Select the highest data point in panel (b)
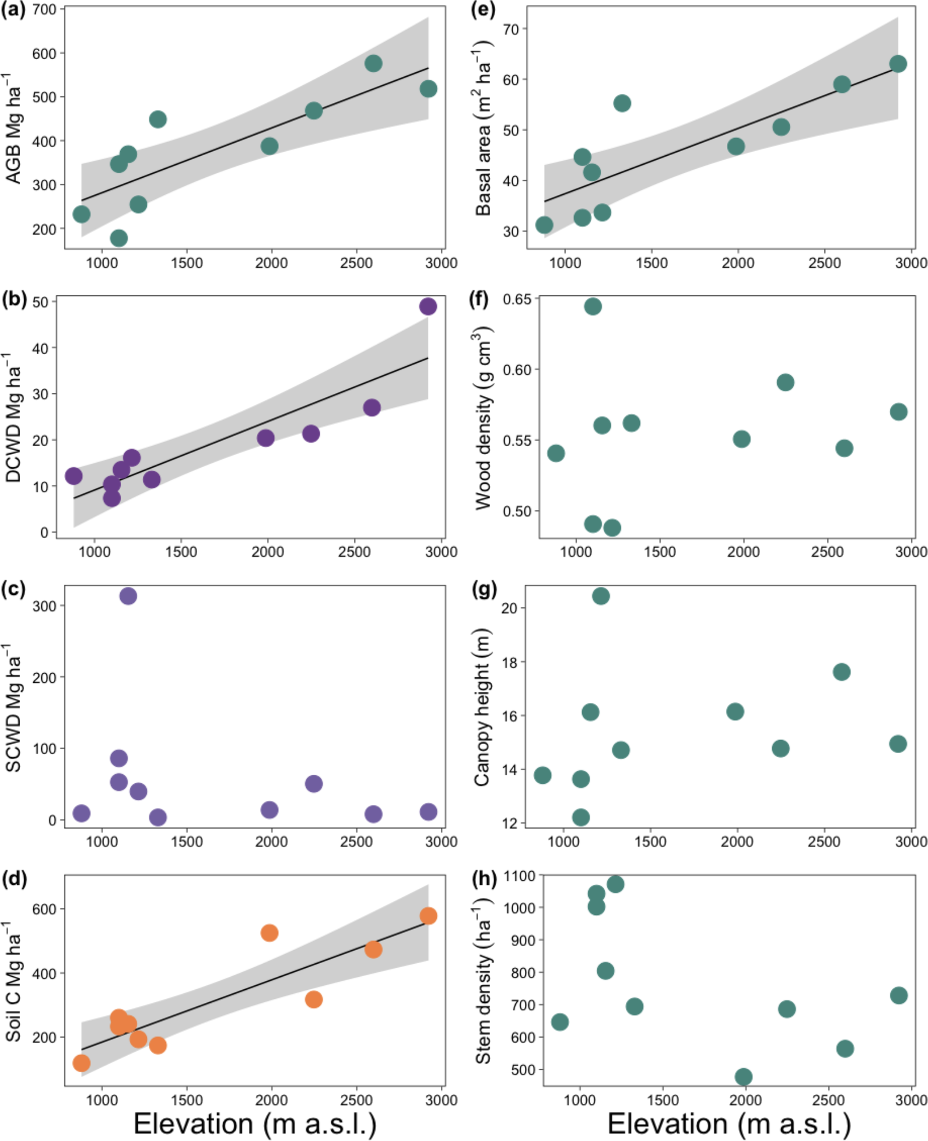point(428,306)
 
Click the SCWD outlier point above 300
point(128,596)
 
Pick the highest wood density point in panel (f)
point(592,306)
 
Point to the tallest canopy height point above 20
point(600,596)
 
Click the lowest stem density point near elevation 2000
point(743,1076)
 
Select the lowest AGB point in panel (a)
point(119,238)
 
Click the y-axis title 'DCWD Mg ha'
point(13,417)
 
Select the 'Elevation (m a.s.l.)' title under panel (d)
point(255,1123)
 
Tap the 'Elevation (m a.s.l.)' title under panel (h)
point(729,1123)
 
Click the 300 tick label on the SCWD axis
point(44,606)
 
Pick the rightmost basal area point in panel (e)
point(897,64)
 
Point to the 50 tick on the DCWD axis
point(40,302)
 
